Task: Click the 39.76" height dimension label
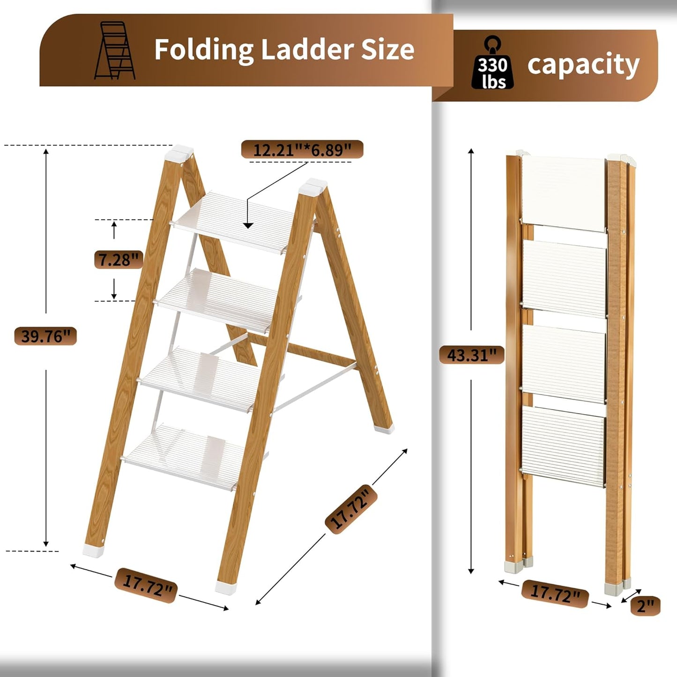coord(45,336)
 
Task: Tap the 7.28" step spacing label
coord(119,259)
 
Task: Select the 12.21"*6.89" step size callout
coord(302,149)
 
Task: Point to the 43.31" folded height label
coord(471,355)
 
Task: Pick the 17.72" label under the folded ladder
coord(555,594)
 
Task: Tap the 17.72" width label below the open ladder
coord(146,585)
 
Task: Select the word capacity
coord(583,65)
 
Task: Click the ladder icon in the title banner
coord(114,50)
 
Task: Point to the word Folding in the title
coord(204,49)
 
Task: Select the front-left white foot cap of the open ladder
coord(94,550)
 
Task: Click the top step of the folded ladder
coord(564,193)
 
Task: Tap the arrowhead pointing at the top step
coord(248,225)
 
